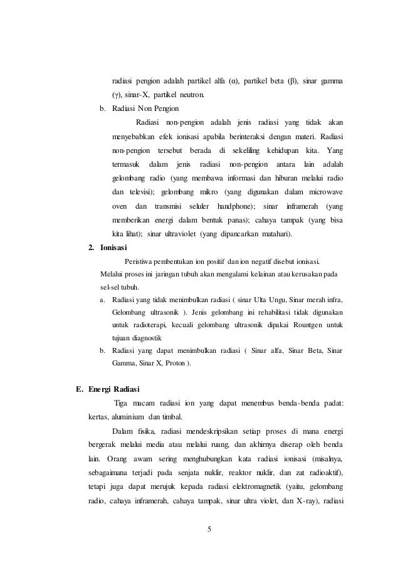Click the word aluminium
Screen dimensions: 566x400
tap(127, 416)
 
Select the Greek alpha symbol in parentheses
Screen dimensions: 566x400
tap(236, 81)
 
